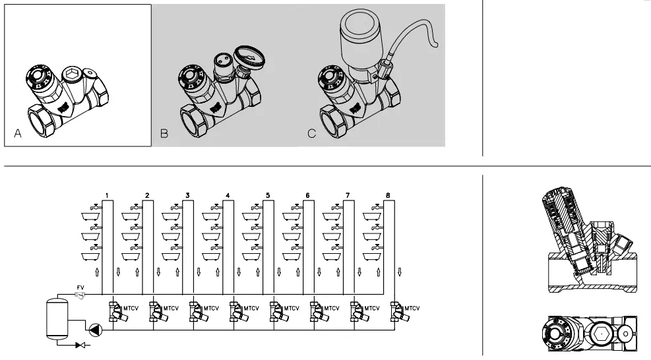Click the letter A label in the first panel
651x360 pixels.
point(18,134)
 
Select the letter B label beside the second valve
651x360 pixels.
point(164,134)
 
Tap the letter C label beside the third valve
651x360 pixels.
point(312,134)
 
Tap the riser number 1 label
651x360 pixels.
point(106,196)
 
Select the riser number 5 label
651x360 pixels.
point(267,196)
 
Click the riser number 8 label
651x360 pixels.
point(388,196)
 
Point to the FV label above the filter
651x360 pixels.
point(80,287)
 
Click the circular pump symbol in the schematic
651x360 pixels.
point(96,329)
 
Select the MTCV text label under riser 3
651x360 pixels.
point(210,308)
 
